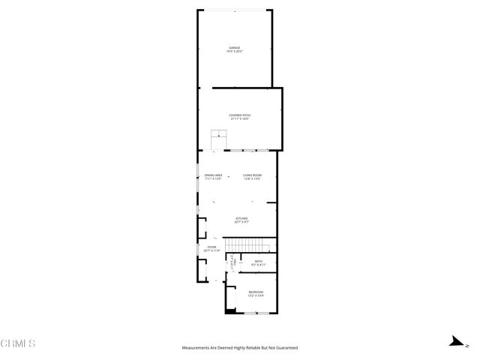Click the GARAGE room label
(235, 48)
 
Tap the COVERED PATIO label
(240, 115)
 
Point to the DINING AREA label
(213, 175)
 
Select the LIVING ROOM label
(252, 175)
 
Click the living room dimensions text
(252, 179)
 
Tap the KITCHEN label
(241, 218)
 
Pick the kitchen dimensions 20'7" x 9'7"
(241, 223)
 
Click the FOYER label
(211, 247)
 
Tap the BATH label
(258, 261)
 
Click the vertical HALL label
(233, 262)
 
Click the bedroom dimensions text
(256, 295)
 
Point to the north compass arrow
(455, 340)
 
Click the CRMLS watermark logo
(18, 343)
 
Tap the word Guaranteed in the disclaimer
(285, 348)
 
